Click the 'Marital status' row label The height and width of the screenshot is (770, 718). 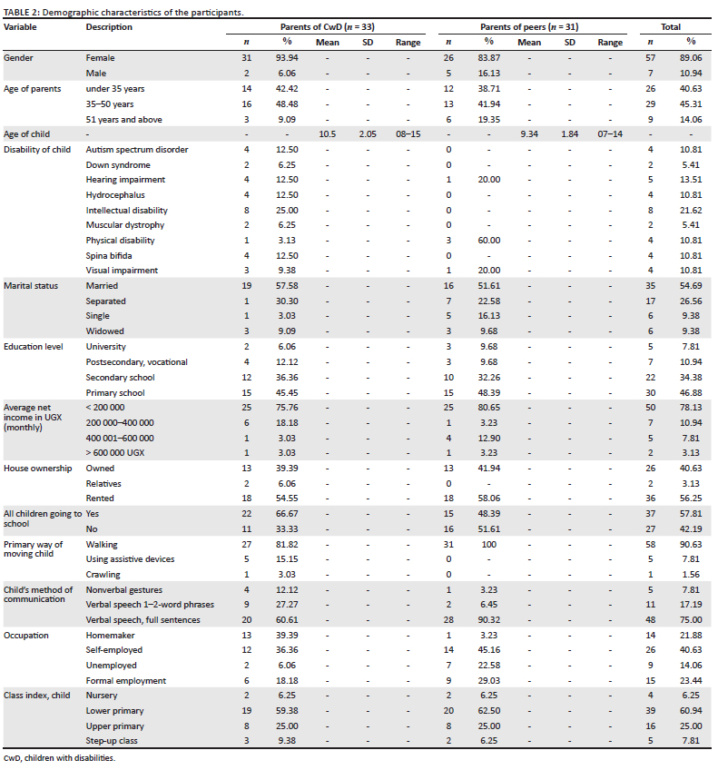(31, 286)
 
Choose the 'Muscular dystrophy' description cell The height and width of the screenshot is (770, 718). (125, 225)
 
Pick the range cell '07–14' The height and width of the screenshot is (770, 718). (610, 133)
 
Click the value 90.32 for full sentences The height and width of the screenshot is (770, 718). (488, 620)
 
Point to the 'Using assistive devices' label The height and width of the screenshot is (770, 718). (130, 559)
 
